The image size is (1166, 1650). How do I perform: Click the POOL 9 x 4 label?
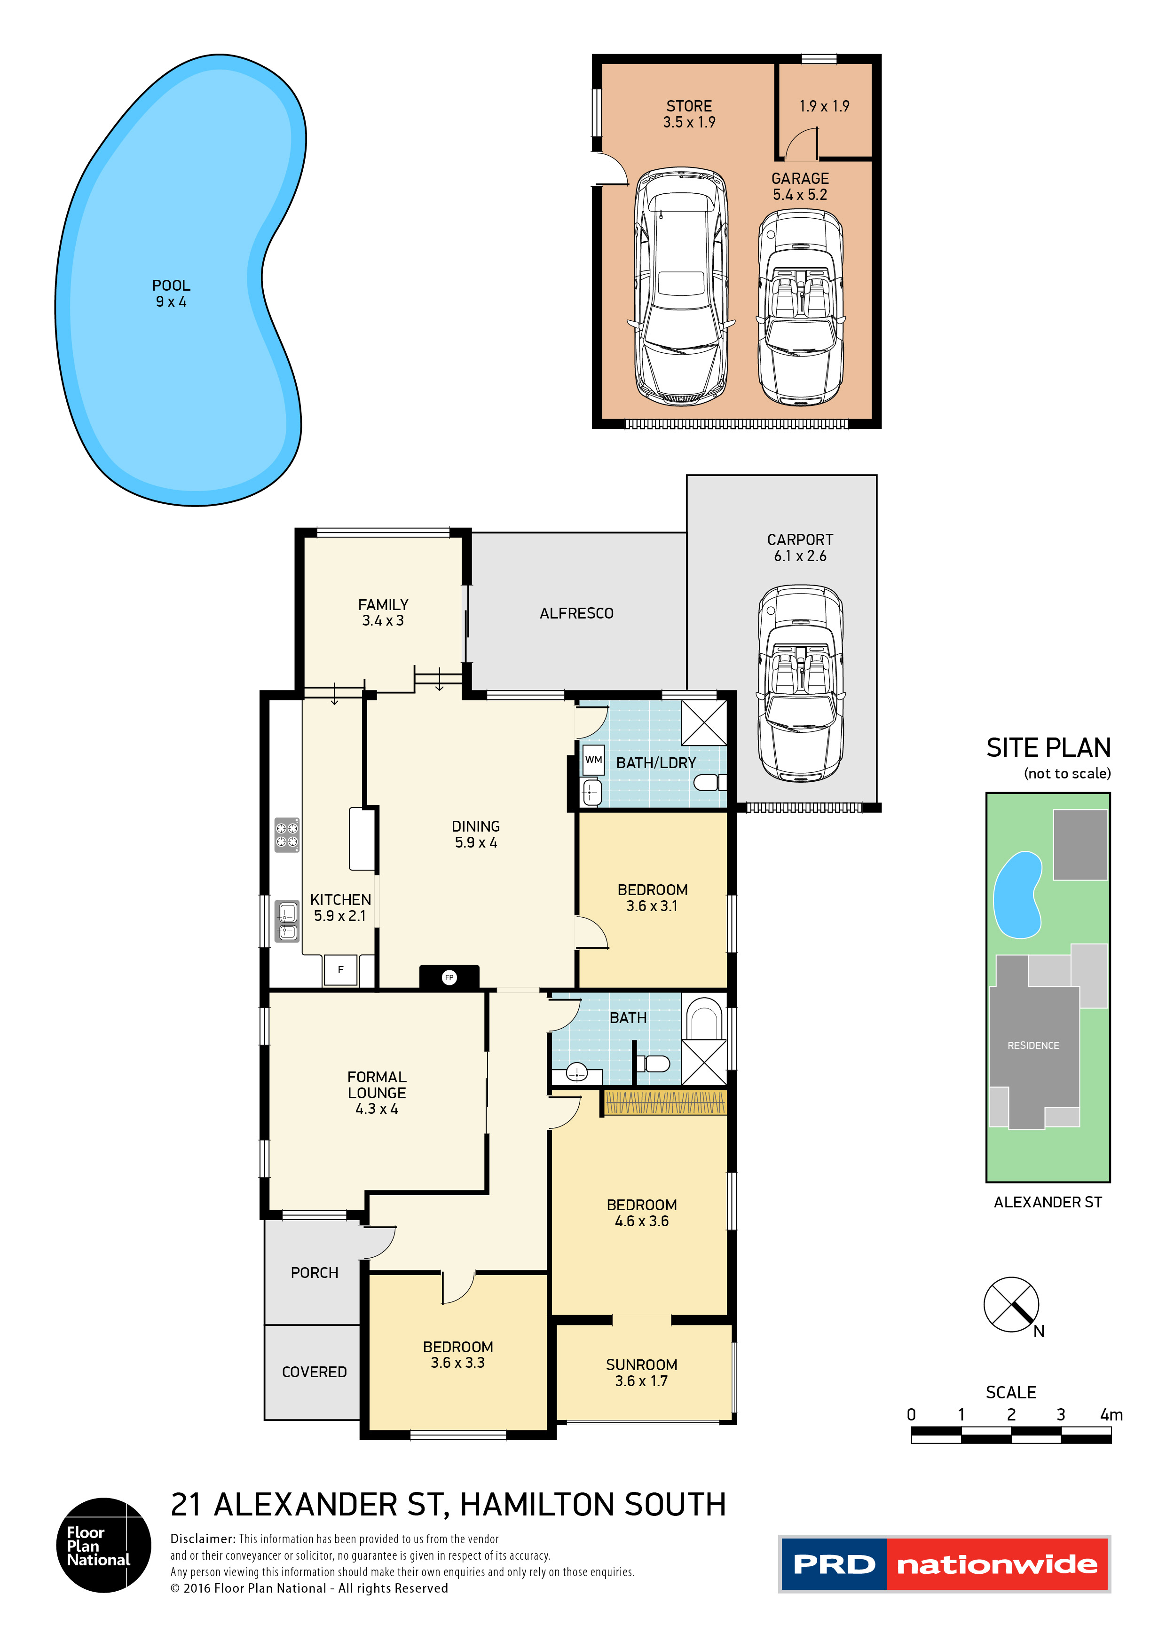tap(171, 293)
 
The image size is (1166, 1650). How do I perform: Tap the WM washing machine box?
tap(593, 760)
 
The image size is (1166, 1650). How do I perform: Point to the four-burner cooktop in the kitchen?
tap(287, 835)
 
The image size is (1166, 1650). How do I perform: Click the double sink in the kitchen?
tap(287, 922)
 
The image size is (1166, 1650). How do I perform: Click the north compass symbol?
tap(1011, 1304)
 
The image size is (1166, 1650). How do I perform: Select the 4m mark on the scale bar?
tap(1110, 1414)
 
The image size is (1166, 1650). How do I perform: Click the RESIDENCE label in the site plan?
tap(1032, 1045)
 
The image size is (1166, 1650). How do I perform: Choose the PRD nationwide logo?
tap(944, 1564)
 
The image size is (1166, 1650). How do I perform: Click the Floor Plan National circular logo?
tap(103, 1545)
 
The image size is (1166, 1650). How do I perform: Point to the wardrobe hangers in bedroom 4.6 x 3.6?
tap(665, 1103)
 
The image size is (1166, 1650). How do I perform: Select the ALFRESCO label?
tap(576, 613)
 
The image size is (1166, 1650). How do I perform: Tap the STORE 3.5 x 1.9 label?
tap(688, 113)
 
